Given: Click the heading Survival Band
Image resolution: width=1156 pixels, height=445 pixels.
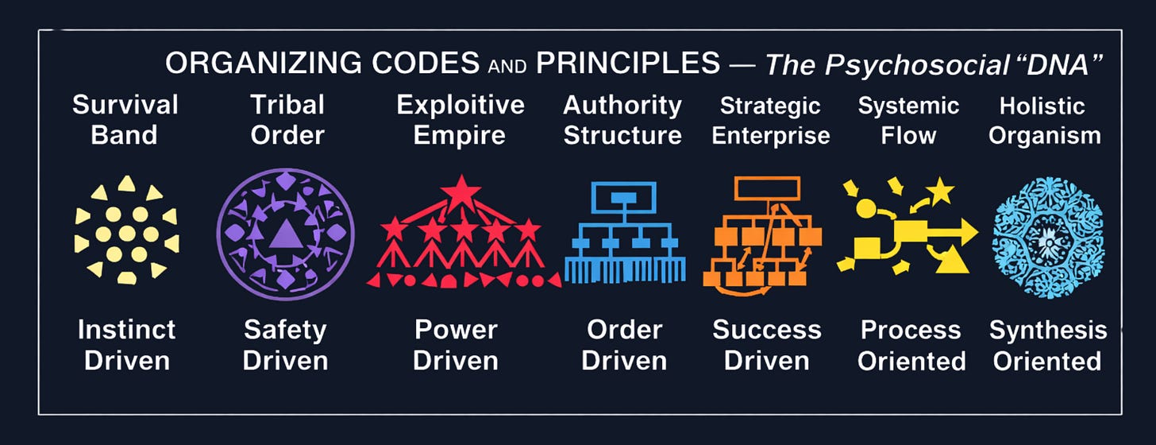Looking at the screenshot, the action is click(125, 119).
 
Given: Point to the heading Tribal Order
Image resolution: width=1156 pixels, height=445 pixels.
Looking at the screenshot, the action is click(287, 119).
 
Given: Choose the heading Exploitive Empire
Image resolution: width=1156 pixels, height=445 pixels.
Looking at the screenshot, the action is click(460, 119).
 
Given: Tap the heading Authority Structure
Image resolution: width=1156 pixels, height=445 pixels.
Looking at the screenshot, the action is click(622, 119).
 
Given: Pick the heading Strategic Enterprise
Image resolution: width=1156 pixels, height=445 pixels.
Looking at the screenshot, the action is click(770, 119).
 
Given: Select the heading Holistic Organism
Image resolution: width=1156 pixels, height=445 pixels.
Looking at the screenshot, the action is click(1044, 119).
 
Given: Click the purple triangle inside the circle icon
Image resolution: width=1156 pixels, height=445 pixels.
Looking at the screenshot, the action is click(284, 236).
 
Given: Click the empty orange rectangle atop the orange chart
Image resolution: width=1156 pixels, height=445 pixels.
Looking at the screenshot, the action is click(766, 188).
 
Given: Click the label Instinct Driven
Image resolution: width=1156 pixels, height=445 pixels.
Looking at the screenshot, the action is click(126, 344).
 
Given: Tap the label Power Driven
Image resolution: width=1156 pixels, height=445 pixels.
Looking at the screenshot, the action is click(456, 344).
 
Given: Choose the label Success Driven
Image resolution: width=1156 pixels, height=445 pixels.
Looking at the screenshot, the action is click(766, 344).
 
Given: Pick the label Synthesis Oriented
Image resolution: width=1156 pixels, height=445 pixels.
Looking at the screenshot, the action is click(1047, 344).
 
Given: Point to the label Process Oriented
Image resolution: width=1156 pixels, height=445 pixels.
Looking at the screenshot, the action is click(911, 344).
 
